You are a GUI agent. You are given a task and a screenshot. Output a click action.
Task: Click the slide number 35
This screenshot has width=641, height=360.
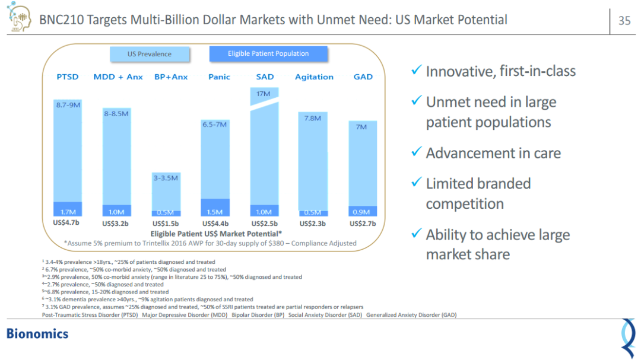[624, 21]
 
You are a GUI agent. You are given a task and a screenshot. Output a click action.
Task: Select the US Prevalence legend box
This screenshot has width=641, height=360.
[150, 54]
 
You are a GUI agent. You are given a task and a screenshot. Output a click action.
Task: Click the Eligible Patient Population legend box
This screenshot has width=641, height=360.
[268, 53]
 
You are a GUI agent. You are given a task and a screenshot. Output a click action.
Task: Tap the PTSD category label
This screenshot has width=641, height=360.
[68, 77]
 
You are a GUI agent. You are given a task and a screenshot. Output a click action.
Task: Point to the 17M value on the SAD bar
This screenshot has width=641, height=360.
[264, 94]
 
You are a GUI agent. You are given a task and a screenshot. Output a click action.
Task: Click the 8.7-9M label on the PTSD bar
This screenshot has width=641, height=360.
[68, 104]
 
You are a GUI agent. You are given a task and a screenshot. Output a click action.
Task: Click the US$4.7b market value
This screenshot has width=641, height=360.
[66, 224]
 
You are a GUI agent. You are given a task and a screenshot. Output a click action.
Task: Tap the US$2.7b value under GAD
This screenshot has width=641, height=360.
[363, 224]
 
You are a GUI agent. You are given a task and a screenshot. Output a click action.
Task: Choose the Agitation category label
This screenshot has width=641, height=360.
[314, 77]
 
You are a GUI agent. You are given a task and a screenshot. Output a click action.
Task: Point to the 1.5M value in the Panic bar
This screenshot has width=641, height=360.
[214, 212]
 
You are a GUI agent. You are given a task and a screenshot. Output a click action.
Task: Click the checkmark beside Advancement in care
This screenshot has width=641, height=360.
[416, 152]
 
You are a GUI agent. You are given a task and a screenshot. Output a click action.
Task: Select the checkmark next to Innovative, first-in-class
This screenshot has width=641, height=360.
[416, 71]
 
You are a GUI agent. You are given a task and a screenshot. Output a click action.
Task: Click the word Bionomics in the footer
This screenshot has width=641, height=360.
[37, 333]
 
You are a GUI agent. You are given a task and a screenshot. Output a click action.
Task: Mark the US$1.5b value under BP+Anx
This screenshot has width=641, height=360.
[166, 224]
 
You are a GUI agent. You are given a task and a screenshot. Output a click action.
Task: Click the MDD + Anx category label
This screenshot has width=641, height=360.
[118, 77]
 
